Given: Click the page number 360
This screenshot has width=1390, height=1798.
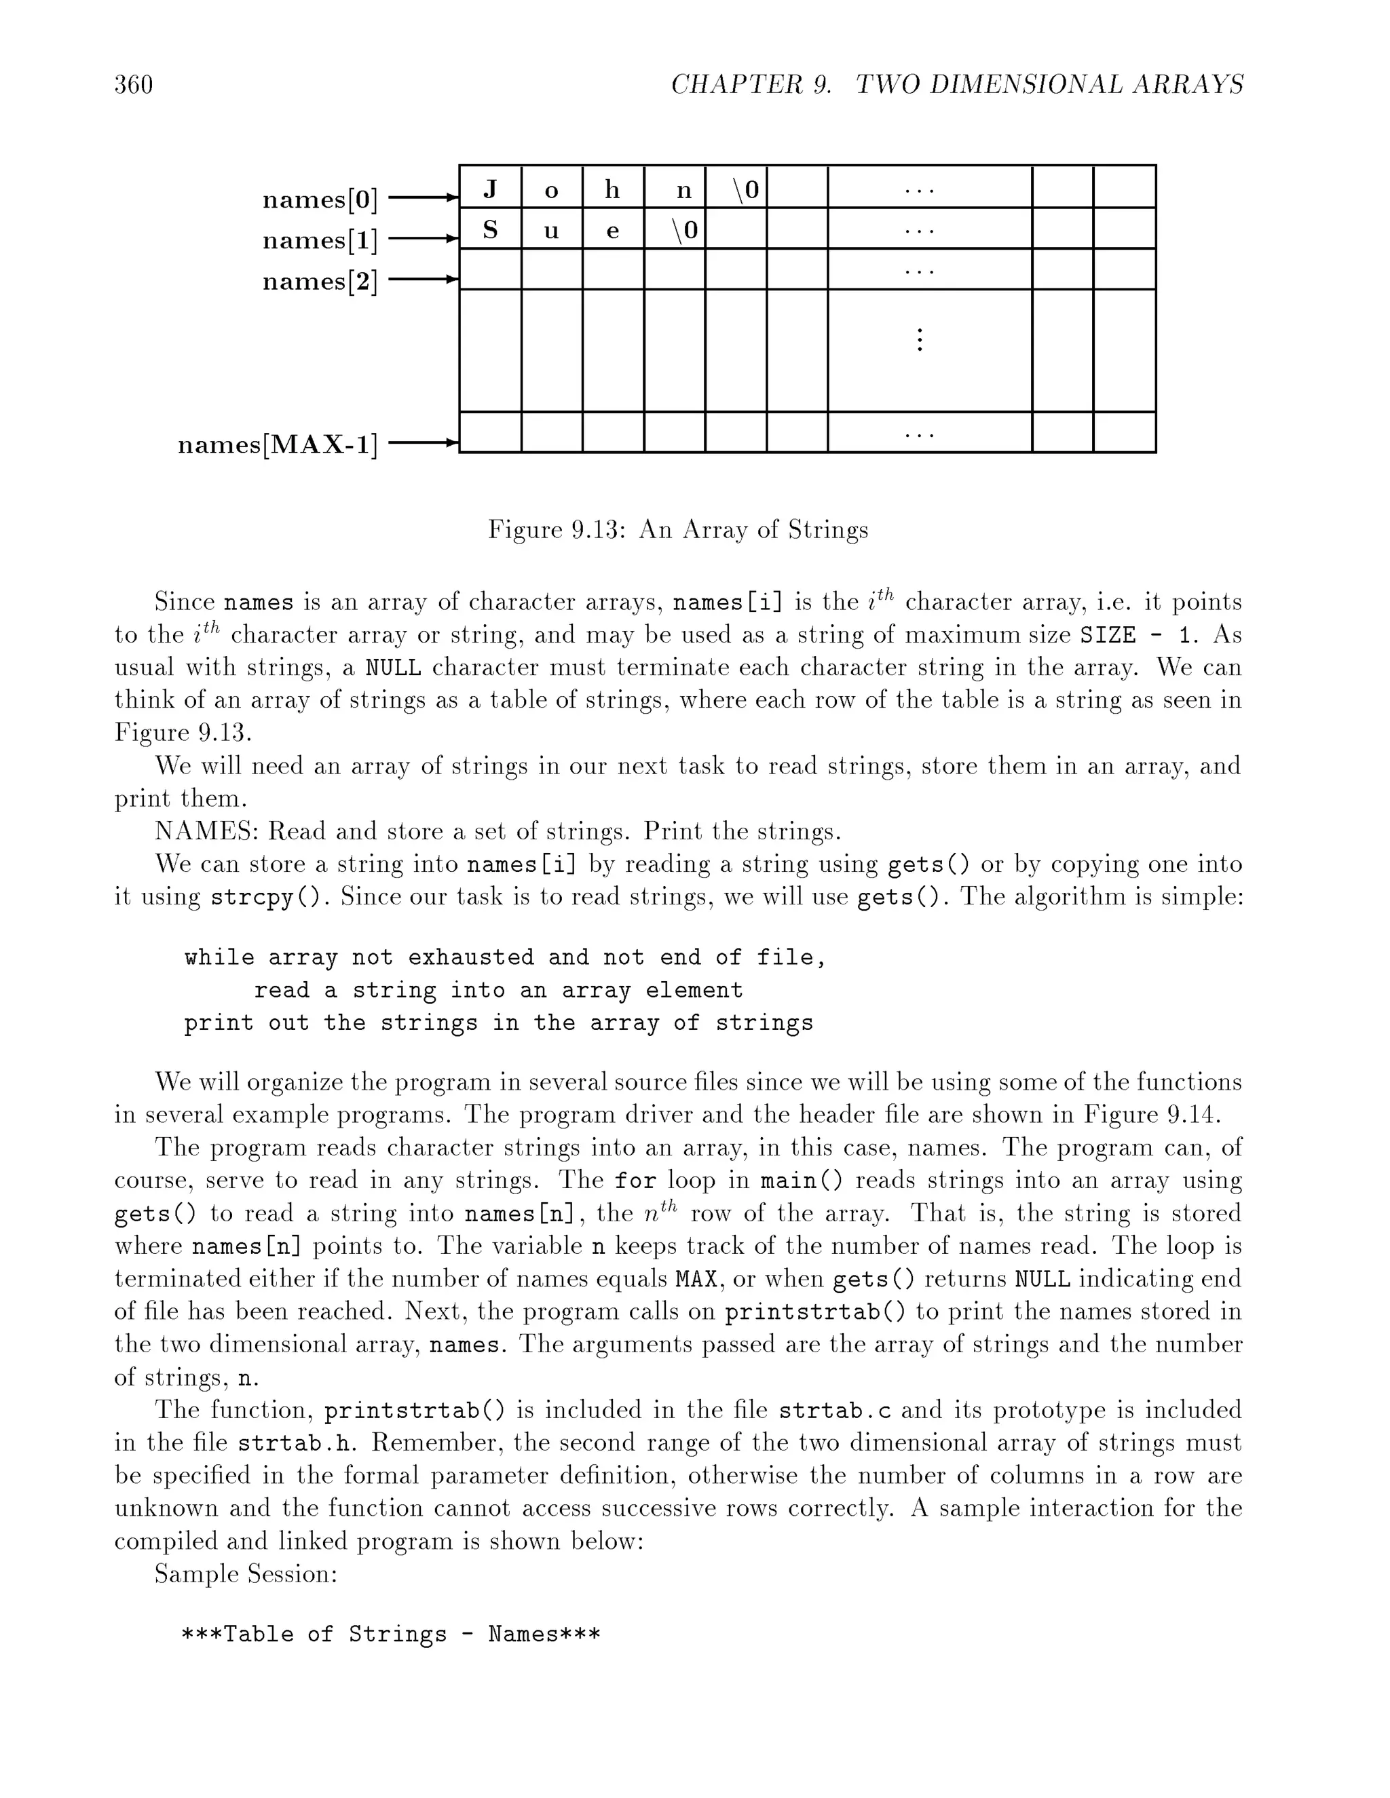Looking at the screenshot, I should pos(134,85).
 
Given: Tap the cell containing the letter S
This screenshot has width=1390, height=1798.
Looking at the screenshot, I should pos(490,230).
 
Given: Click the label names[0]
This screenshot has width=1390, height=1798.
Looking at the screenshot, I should pos(320,199).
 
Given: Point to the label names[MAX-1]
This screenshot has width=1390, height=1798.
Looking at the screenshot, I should pos(278,444).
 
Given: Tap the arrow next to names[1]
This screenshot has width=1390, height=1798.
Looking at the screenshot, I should pos(421,240).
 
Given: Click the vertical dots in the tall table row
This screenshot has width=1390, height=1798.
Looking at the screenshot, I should pos(919,340).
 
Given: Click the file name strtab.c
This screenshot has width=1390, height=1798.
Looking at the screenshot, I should pos(835,1411).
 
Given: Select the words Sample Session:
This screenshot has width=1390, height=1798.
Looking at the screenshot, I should pos(246,1575).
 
